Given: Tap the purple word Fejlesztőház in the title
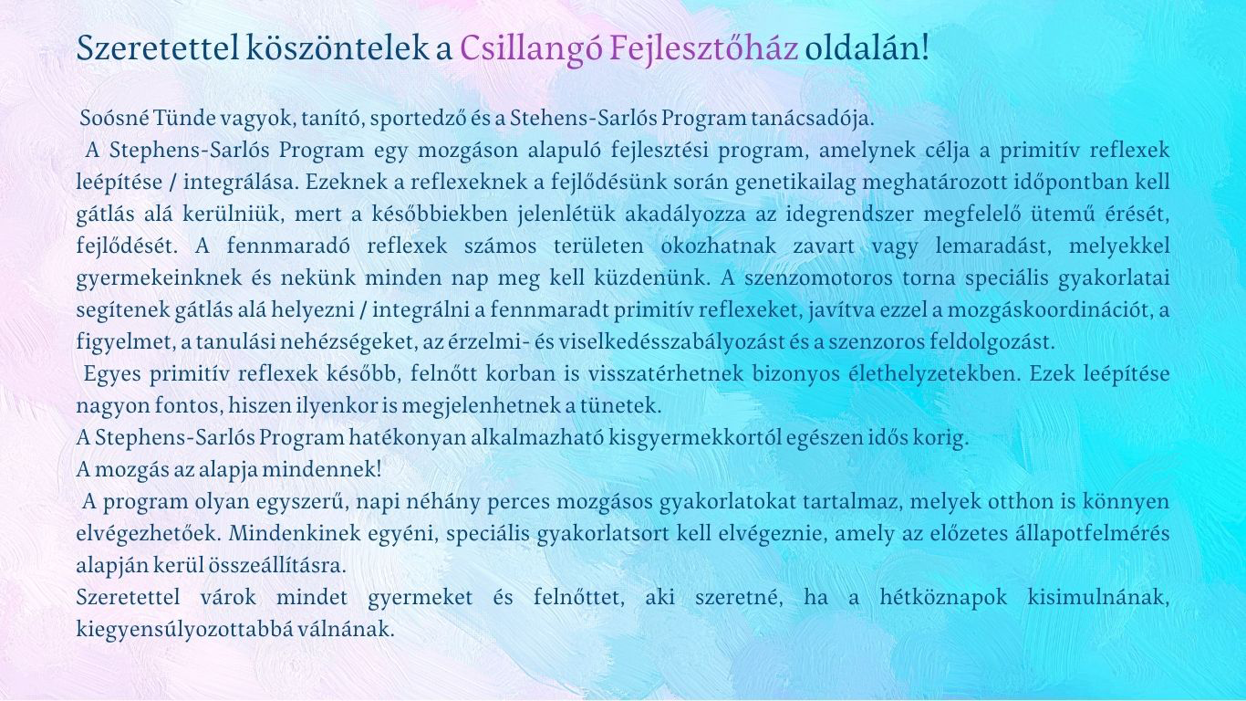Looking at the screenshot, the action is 703,47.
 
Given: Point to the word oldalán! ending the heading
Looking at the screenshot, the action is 867,47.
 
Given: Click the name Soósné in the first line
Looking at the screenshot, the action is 114,118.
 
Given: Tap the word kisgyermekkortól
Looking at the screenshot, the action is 693,437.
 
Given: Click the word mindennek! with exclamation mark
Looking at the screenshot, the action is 322,469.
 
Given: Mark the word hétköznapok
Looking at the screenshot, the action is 943,598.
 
